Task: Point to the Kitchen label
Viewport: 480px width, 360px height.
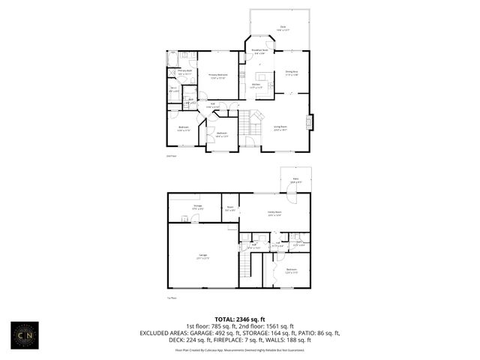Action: click(256, 86)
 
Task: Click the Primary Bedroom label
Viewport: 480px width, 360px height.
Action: click(217, 76)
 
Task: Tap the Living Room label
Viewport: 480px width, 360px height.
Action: click(280, 127)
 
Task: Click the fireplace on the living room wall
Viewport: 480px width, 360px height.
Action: click(312, 121)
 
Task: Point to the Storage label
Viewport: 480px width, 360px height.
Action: click(198, 206)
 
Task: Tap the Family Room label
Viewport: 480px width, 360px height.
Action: click(274, 213)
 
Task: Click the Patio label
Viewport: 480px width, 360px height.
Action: click(295, 180)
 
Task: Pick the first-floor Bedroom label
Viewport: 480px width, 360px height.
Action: click(291, 270)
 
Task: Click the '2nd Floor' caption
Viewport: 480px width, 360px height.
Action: click(171, 156)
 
